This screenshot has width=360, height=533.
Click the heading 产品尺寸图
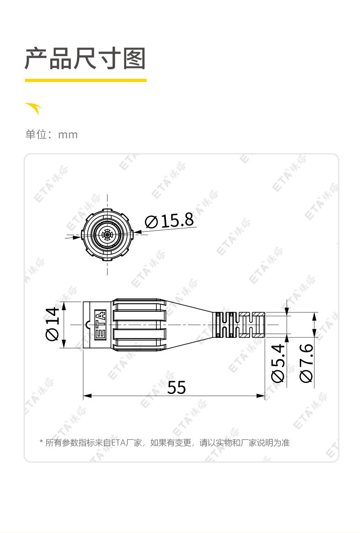pos(85,59)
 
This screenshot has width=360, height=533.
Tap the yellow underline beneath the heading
pos(86,80)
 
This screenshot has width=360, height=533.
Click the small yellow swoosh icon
pos(34,108)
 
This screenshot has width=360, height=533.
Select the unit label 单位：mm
pos(51,134)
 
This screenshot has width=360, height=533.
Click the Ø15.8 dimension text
pos(170,221)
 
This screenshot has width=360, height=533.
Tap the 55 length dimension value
pos(176,388)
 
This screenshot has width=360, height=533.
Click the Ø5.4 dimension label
pos(278,363)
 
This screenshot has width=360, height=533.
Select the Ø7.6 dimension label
pos(306,363)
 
